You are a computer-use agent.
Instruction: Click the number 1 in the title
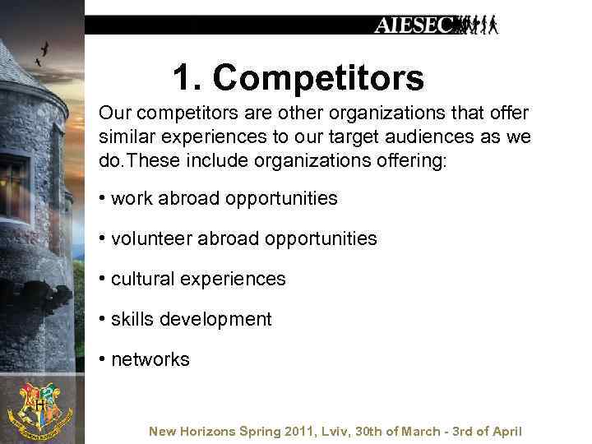[x=182, y=78]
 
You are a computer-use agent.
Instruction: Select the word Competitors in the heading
[x=318, y=78]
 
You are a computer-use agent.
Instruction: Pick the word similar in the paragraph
[x=126, y=135]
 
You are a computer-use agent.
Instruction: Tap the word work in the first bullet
[x=128, y=198]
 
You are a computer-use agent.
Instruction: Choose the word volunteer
[x=149, y=238]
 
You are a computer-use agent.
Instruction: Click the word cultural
[x=138, y=279]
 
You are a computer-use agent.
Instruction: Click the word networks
[x=150, y=359]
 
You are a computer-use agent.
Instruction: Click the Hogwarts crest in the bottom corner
[x=39, y=409]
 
